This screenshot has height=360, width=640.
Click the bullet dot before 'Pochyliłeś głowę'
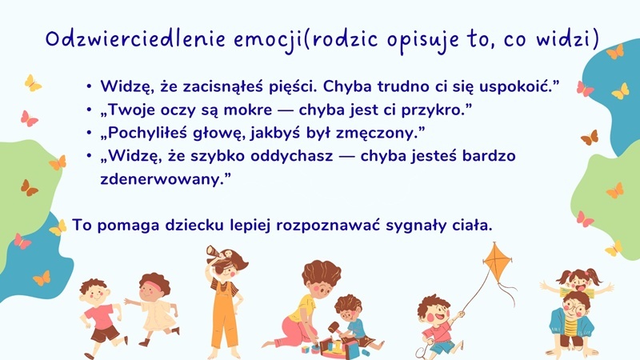[88, 133]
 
